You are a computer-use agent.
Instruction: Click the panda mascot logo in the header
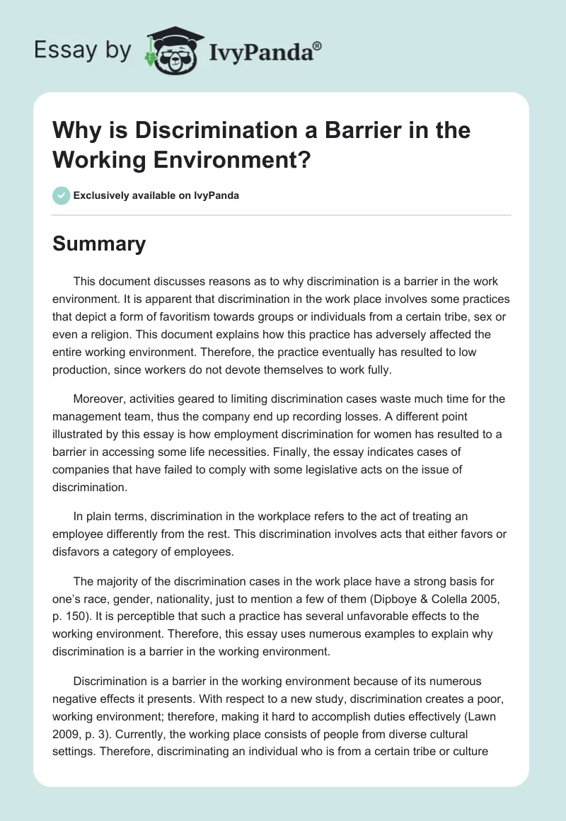click(171, 51)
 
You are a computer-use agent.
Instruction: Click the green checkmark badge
click(62, 195)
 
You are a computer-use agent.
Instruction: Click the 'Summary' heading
click(99, 243)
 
